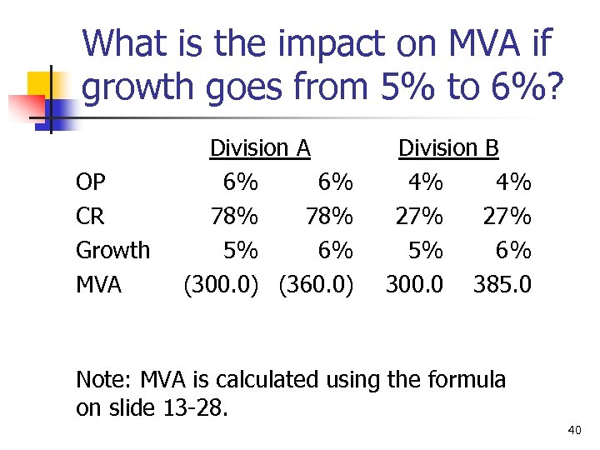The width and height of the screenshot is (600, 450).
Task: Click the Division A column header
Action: [x=260, y=148]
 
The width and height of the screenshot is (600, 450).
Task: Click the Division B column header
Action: [x=448, y=148]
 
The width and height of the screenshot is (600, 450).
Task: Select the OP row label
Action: [x=91, y=182]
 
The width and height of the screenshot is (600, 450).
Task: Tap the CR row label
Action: [x=90, y=217]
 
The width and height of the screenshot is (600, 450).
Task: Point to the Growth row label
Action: [x=112, y=250]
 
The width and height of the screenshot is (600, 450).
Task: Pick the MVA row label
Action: [x=98, y=285]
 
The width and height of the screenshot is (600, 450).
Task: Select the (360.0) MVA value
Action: [x=317, y=285]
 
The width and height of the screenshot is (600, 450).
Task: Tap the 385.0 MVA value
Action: [x=502, y=285]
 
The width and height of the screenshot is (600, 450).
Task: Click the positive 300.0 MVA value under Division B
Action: [x=414, y=285]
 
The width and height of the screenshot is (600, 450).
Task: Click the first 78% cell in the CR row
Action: [x=234, y=217]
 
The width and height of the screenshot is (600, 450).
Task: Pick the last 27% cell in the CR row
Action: [x=507, y=217]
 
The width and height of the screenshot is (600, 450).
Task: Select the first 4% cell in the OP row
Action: [x=425, y=182]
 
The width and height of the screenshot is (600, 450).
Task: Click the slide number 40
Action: [x=573, y=430]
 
